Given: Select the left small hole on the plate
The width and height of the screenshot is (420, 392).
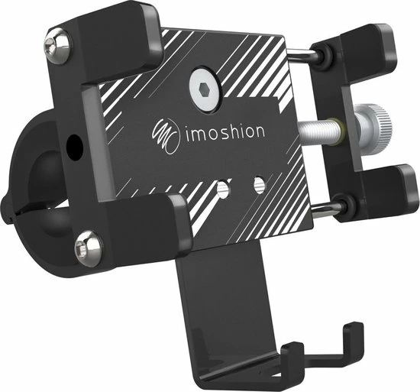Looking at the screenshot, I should [x=222, y=187].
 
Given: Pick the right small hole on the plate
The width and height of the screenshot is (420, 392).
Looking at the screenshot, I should [x=259, y=183].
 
